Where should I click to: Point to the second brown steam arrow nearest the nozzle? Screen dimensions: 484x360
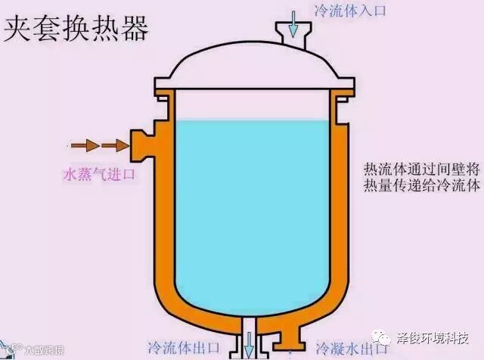112,144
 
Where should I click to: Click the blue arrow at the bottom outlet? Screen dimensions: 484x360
248,347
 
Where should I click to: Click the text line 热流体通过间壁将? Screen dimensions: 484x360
421,167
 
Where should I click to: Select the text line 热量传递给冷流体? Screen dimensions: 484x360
421,185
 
